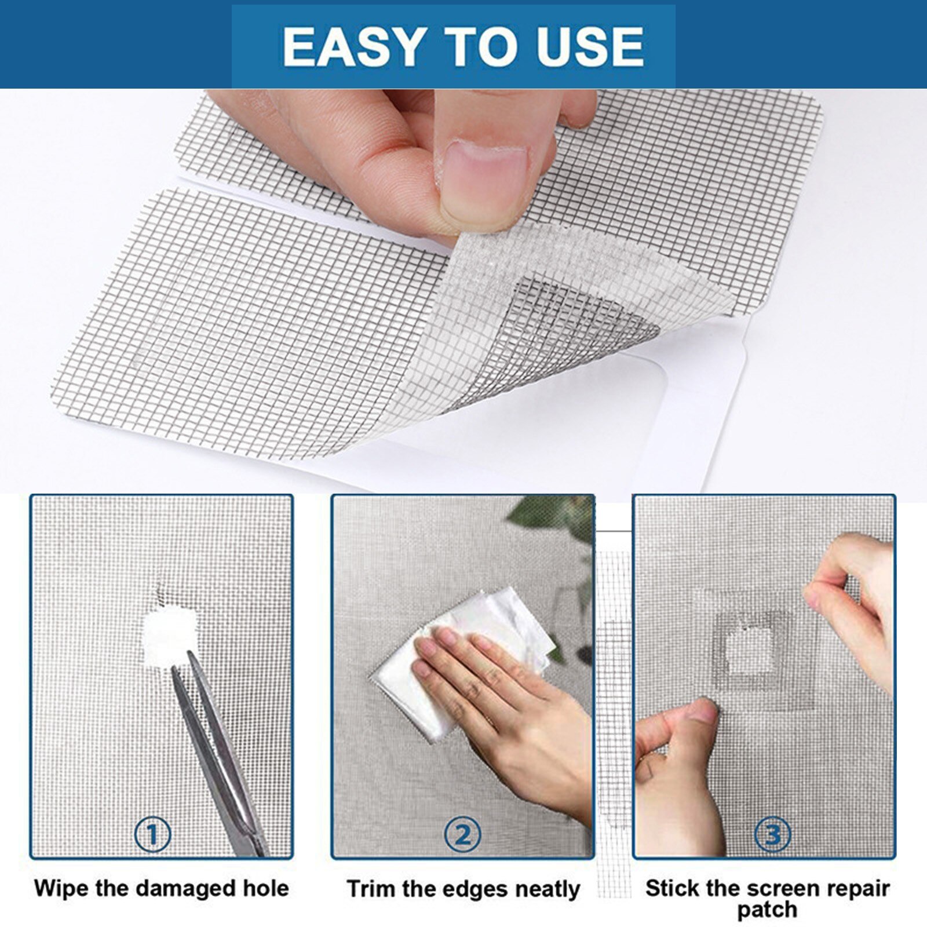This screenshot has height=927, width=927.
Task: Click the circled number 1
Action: [x=152, y=835]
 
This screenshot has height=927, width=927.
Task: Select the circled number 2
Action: [x=462, y=835]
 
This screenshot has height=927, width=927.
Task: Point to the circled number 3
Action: [x=772, y=835]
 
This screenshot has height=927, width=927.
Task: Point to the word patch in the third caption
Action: [x=767, y=910]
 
